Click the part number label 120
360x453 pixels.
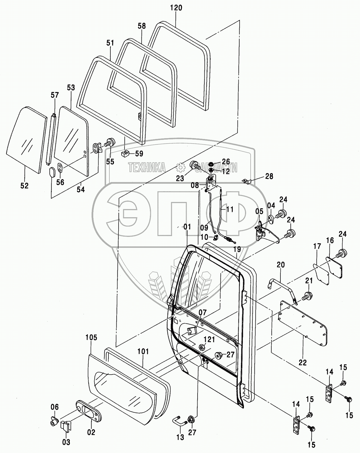pyautogui.click(x=176, y=8)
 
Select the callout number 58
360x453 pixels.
pyautogui.click(x=142, y=26)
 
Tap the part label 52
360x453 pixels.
pyautogui.click(x=24, y=186)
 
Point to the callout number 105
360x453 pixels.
pyautogui.click(x=91, y=337)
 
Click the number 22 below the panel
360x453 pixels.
pyautogui.click(x=303, y=363)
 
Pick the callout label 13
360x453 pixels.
pyautogui.click(x=180, y=437)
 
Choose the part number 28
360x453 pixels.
pyautogui.click(x=269, y=176)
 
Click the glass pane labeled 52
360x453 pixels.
pyautogui.click(x=26, y=139)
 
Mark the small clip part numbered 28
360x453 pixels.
pyautogui.click(x=246, y=181)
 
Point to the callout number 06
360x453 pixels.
pyautogui.click(x=55, y=407)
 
